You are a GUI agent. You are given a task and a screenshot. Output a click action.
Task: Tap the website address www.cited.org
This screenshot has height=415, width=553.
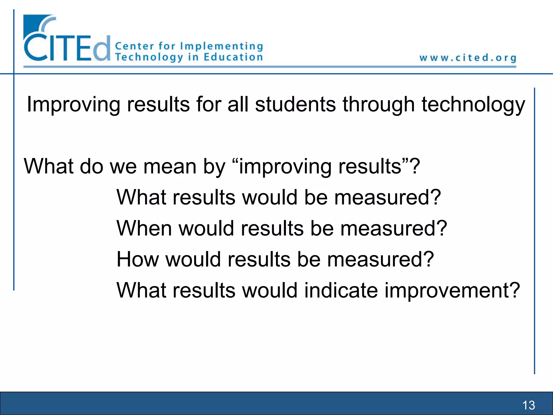[468, 58]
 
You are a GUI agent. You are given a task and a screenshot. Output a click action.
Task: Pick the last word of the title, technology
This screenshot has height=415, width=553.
[473, 105]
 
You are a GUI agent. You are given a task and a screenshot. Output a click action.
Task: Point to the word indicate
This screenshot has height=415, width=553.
[341, 290]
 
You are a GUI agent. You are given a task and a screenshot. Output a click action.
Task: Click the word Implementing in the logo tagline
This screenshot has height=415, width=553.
[221, 46]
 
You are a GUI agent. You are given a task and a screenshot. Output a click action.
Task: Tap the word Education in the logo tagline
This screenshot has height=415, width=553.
[233, 57]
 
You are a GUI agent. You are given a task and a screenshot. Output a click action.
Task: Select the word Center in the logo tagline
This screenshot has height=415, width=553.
[134, 46]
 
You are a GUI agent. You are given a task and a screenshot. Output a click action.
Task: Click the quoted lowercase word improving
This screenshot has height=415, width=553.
[285, 167]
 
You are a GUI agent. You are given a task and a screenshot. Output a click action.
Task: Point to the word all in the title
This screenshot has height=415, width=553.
[238, 104]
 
